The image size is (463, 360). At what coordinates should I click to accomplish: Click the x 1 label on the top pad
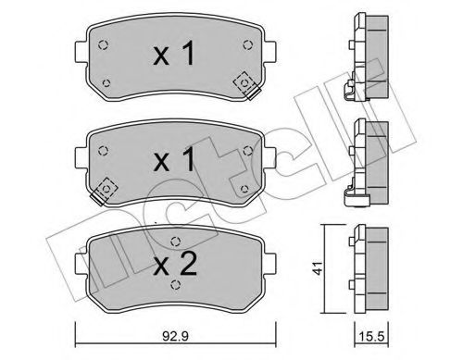tap(173, 56)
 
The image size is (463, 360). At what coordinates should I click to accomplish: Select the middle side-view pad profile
tap(369, 157)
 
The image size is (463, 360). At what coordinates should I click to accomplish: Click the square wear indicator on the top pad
tap(246, 83)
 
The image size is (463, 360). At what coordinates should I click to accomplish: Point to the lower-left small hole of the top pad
tap(106, 84)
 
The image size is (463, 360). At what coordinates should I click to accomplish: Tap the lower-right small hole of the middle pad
tap(244, 189)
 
